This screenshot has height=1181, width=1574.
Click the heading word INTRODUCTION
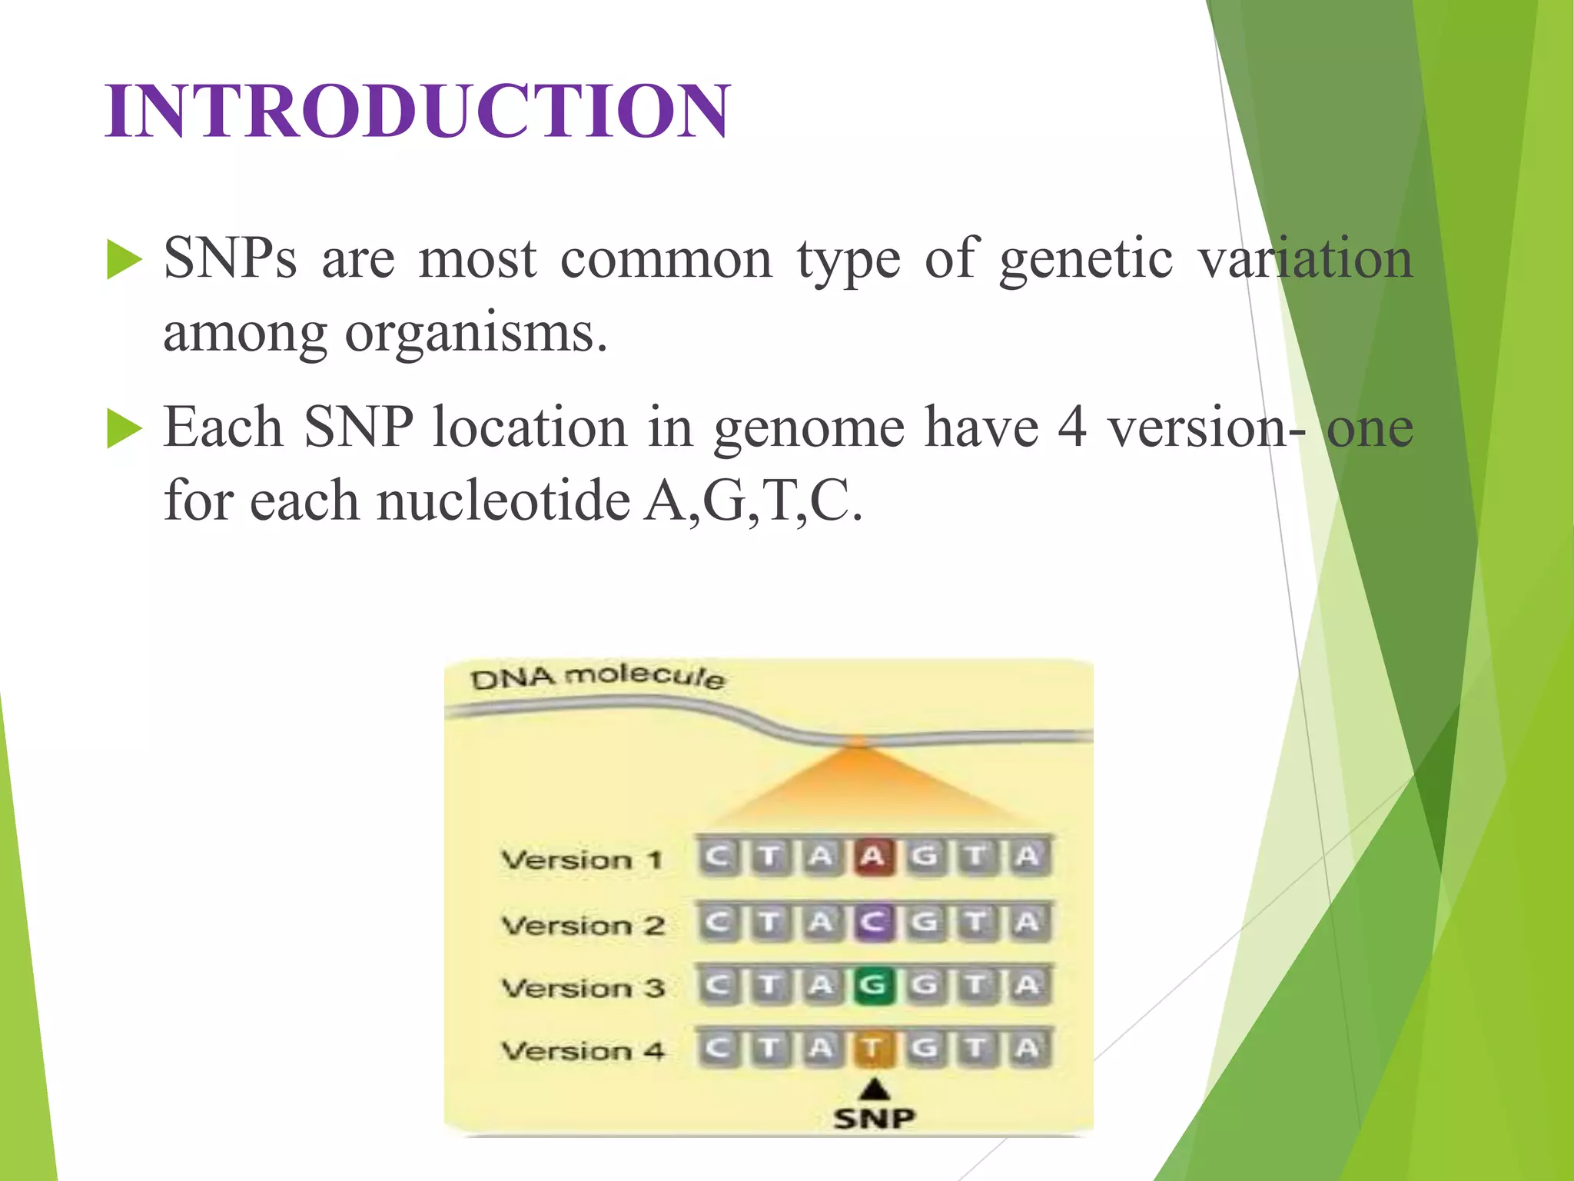pos(417,111)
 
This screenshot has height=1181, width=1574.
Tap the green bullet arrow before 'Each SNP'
pos(124,428)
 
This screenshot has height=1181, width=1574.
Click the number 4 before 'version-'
pos(1071,427)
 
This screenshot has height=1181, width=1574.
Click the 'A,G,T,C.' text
pos(753,501)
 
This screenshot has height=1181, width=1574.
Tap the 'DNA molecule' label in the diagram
pos(597,677)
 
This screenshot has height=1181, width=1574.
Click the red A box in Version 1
pos(872,857)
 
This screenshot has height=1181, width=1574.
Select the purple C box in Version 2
pos(872,922)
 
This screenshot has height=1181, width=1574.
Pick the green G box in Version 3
pos(872,985)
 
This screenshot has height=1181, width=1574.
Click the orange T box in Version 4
pos(872,1048)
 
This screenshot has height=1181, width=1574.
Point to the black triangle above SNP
pos(874,1089)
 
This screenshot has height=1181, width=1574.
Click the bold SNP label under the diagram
pos(874,1118)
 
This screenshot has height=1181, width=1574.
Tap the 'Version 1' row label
pos(582,860)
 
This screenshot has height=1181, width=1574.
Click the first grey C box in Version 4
pos(717,1048)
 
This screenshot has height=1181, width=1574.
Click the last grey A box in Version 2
pos(1028,922)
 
